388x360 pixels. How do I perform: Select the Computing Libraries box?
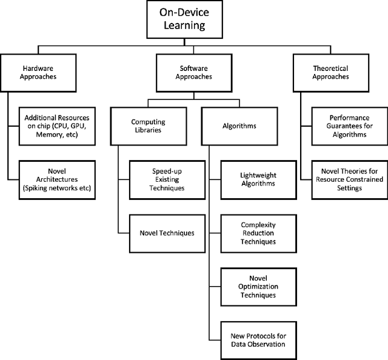148,125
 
